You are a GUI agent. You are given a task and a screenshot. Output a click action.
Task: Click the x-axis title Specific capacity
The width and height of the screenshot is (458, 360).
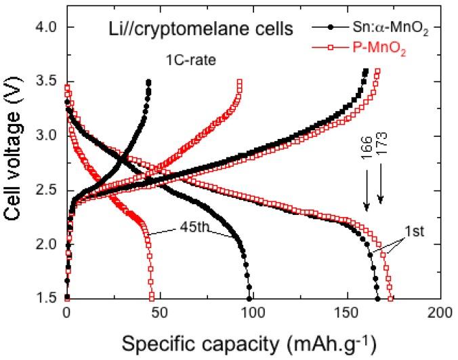click(253, 344)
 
